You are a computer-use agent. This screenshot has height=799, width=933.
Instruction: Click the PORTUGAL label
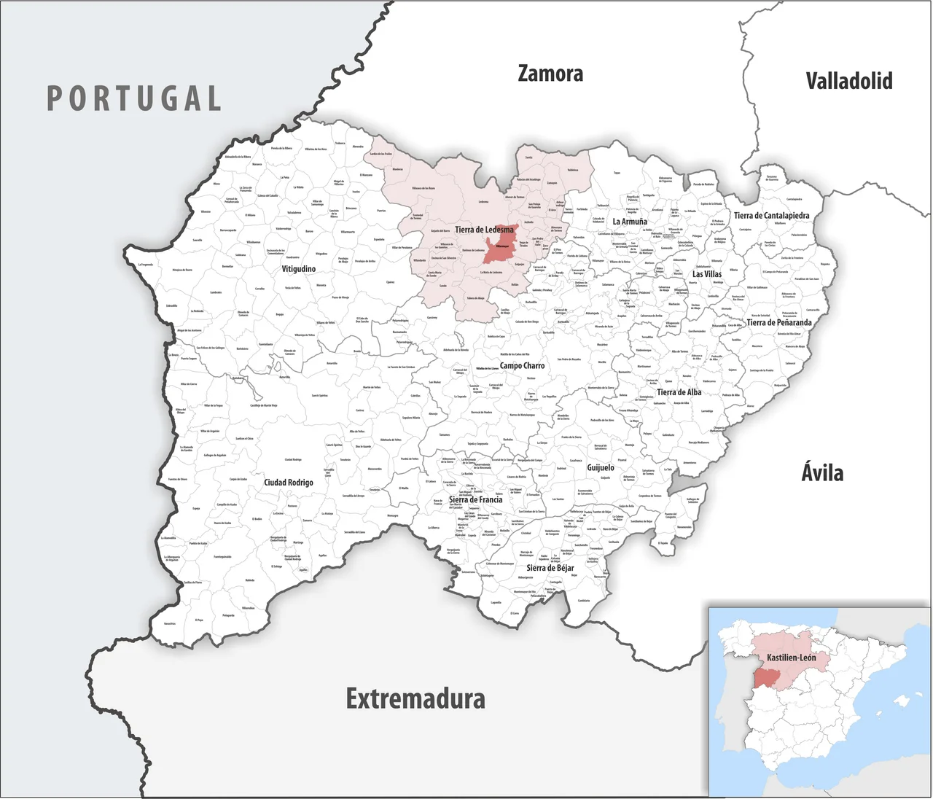tap(134, 98)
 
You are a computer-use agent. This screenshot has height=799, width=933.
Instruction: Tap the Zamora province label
tap(550, 74)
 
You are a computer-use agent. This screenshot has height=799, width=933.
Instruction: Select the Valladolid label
tap(848, 80)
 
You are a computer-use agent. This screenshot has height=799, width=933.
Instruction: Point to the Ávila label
tap(822, 472)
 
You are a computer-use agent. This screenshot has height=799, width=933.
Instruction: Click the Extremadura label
tap(415, 698)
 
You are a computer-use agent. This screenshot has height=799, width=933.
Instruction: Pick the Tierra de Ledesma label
tap(484, 230)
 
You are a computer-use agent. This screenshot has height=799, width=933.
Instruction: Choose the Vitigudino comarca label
tap(299, 269)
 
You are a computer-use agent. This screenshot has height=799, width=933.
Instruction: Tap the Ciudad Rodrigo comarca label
tap(289, 483)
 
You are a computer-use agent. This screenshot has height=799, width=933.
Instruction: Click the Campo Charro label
tap(522, 366)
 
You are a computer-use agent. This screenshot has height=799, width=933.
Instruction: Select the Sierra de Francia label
tap(475, 500)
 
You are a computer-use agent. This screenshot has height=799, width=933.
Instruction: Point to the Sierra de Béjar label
tap(550, 568)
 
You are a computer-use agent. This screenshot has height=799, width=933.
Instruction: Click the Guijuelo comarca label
tap(601, 467)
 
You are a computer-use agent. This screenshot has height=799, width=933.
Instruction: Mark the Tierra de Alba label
tap(679, 392)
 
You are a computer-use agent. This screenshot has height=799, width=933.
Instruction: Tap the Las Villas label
tap(707, 274)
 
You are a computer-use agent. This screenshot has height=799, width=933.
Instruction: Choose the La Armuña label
tap(630, 222)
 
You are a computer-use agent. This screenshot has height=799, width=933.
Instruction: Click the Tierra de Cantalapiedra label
tap(771, 216)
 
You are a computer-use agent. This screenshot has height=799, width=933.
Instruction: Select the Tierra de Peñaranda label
tap(778, 322)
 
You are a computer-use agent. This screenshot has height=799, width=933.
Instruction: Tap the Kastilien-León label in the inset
tap(791, 658)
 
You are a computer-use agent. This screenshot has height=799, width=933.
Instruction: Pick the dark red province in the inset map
tap(766, 677)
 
